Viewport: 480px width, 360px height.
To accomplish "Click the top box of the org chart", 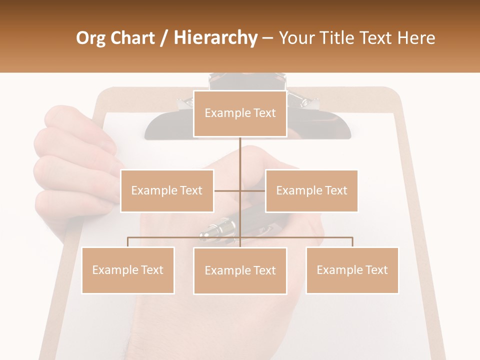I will click(x=240, y=113).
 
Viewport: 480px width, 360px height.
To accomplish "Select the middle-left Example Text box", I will click(x=166, y=190).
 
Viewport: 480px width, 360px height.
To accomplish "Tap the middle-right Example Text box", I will click(x=311, y=190).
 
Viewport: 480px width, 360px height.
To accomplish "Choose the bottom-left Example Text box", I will click(x=127, y=270).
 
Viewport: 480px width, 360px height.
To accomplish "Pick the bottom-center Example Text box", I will click(x=240, y=270).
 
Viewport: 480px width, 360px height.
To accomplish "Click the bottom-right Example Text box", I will click(x=352, y=270).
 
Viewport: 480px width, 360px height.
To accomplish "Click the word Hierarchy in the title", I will click(x=215, y=37).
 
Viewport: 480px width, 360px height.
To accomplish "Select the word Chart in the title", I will click(x=134, y=38).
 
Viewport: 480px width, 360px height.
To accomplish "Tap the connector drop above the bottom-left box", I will click(x=127, y=242).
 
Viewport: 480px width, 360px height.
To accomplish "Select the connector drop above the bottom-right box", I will click(x=352, y=242).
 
